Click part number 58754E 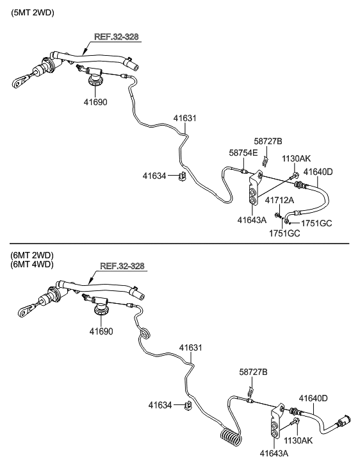pyautogui.click(x=243, y=153)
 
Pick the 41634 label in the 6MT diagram pyautogui.click(x=161, y=405)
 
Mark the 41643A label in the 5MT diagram pyautogui.click(x=251, y=219)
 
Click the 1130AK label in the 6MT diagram pyautogui.click(x=299, y=441)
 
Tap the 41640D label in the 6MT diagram pyautogui.click(x=314, y=398)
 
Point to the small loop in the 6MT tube pyautogui.click(x=145, y=333)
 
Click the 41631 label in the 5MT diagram pyautogui.click(x=184, y=118)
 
